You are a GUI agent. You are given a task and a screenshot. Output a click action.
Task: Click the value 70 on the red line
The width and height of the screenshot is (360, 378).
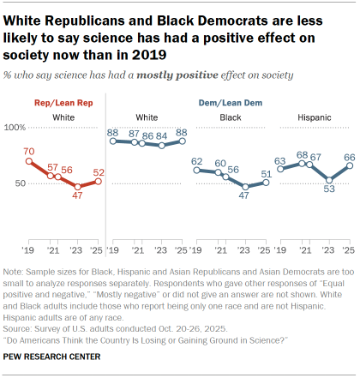[28, 150]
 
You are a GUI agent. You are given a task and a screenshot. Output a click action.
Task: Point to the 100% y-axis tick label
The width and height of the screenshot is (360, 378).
[15, 127]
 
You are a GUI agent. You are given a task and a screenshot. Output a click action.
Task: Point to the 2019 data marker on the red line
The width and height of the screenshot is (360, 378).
[28, 161]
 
